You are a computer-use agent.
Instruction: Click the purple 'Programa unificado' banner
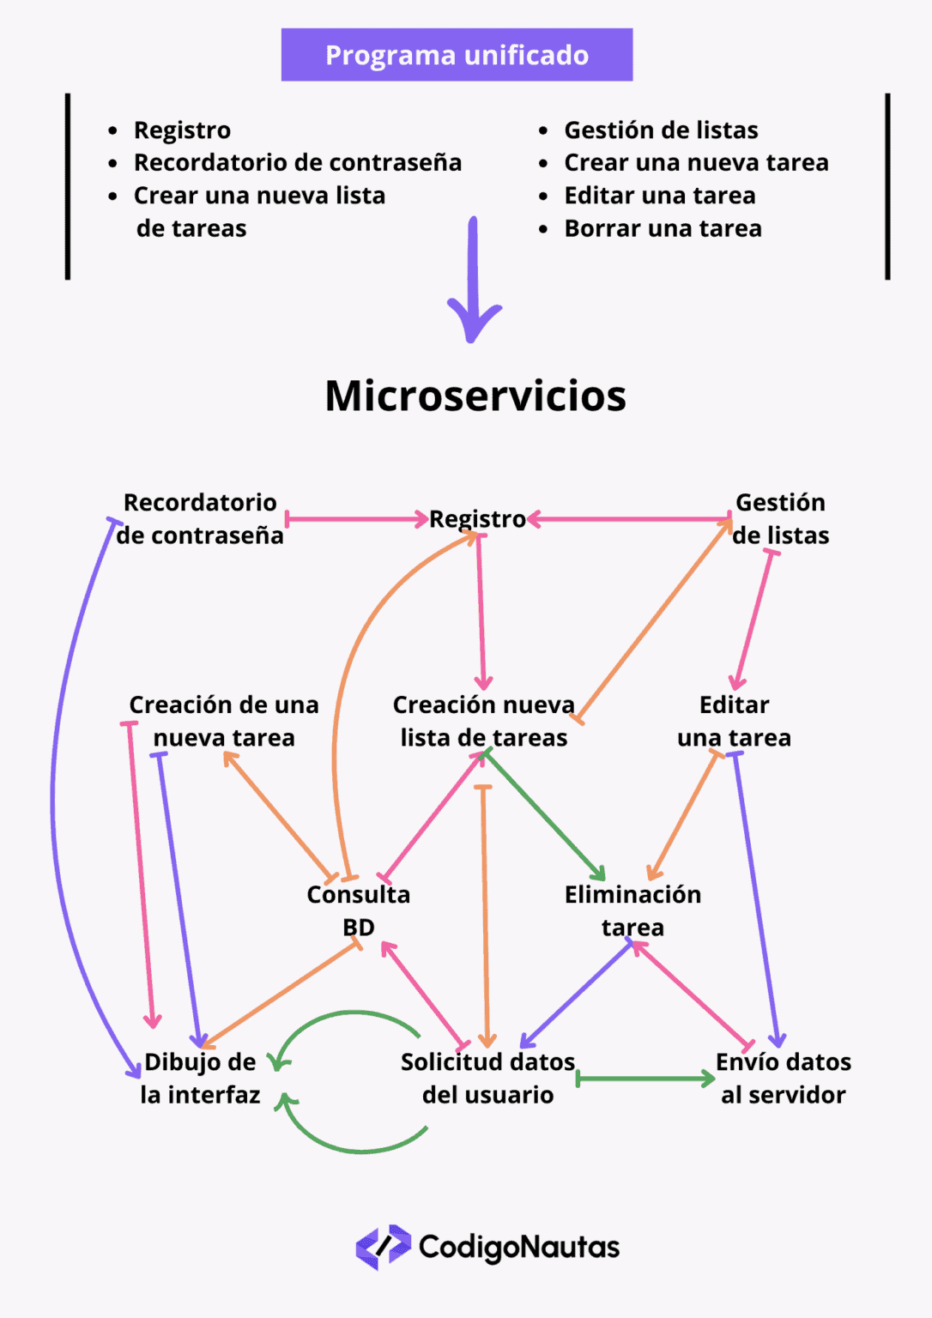pos(457,55)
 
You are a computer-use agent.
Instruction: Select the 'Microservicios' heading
pos(475,396)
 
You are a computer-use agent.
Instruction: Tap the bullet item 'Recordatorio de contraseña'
pos(297,162)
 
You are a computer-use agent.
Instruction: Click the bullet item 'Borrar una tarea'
pos(663,228)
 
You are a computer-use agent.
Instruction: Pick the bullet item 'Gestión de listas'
pos(661,130)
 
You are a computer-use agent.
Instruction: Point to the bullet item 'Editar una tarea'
pos(659,196)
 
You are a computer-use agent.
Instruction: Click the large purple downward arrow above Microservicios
pos(473,283)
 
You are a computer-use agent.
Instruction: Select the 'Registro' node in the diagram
pos(477,519)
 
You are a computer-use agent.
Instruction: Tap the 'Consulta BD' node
pos(359,910)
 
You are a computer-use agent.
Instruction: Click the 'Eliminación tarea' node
pos(632,910)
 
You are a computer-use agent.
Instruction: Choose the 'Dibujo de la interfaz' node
pos(200,1078)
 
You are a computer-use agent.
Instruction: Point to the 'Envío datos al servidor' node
pos(783,1078)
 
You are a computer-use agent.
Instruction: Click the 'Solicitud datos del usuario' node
pos(487,1078)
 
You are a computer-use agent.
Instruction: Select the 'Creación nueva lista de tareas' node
pos(484,721)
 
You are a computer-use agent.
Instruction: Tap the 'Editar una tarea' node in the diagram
pos(734,721)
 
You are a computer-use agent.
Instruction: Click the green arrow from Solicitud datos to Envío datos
pos(645,1079)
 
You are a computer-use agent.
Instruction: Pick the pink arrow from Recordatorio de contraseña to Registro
pos(356,519)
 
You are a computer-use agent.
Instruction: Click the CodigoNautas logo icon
pos(383,1247)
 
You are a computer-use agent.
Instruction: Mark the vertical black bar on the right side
pos(887,186)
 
